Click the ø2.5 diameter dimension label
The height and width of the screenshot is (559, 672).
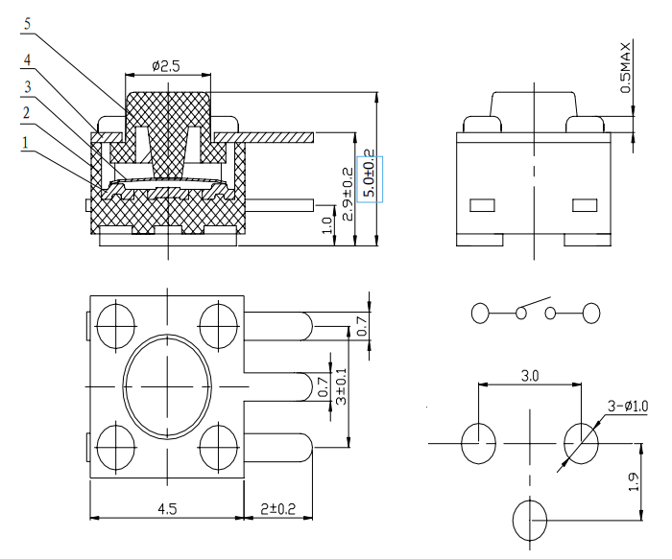pyautogui.click(x=165, y=66)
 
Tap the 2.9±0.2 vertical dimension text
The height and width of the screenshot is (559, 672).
pyautogui.click(x=348, y=194)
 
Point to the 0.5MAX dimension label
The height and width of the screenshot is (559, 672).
pyautogui.click(x=626, y=67)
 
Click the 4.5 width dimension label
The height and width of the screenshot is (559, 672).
pyautogui.click(x=167, y=508)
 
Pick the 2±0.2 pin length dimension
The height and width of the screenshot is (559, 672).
pyautogui.click(x=278, y=508)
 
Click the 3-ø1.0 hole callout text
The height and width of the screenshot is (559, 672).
pyautogui.click(x=628, y=406)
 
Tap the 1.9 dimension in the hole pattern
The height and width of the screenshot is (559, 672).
pyautogui.click(x=634, y=481)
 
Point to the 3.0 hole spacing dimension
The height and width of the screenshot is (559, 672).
pyautogui.click(x=530, y=376)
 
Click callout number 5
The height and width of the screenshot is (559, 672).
pyautogui.click(x=27, y=24)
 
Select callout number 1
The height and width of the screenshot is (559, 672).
pyautogui.click(x=25, y=143)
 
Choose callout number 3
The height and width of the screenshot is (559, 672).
pyautogui.click(x=28, y=87)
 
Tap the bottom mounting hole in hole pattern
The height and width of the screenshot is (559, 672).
pyautogui.click(x=530, y=521)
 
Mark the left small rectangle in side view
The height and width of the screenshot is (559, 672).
pyautogui.click(x=482, y=205)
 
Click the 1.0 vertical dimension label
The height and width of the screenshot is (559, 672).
pyautogui.click(x=327, y=225)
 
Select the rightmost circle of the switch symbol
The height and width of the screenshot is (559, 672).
pyautogui.click(x=591, y=313)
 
